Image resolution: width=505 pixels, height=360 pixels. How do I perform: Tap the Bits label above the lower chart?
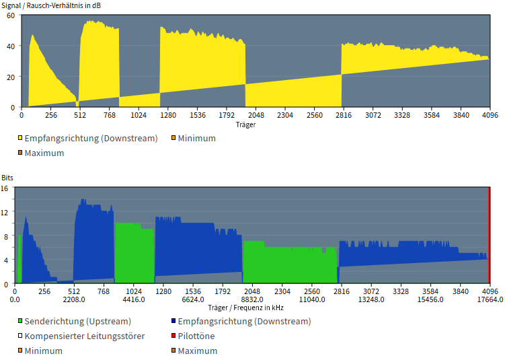tap(7, 178)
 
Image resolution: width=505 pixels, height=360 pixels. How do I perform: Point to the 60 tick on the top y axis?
tap(11, 15)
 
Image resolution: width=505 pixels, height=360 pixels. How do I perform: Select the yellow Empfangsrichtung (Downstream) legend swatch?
tap(21, 139)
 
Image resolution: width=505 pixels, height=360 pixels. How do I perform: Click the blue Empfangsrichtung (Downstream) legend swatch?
tap(174, 322)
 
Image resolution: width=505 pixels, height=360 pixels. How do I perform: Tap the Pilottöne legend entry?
tap(196, 336)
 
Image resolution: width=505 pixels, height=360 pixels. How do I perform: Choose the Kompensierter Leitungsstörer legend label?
tap(84, 336)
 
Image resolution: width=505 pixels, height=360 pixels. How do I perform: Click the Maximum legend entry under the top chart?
tap(44, 153)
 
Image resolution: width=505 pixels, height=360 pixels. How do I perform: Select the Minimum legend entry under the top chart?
tap(196, 139)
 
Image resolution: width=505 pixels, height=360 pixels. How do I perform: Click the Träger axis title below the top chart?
tap(245, 124)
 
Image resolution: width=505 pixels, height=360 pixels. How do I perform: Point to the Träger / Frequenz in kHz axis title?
tap(245, 308)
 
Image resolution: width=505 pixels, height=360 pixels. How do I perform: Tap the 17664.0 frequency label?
tap(490, 299)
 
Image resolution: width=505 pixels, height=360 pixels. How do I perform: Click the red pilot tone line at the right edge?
tap(489, 236)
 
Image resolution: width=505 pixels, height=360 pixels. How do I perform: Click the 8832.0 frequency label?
tap(252, 299)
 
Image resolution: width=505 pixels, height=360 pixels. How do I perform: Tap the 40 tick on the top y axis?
tap(11, 46)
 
